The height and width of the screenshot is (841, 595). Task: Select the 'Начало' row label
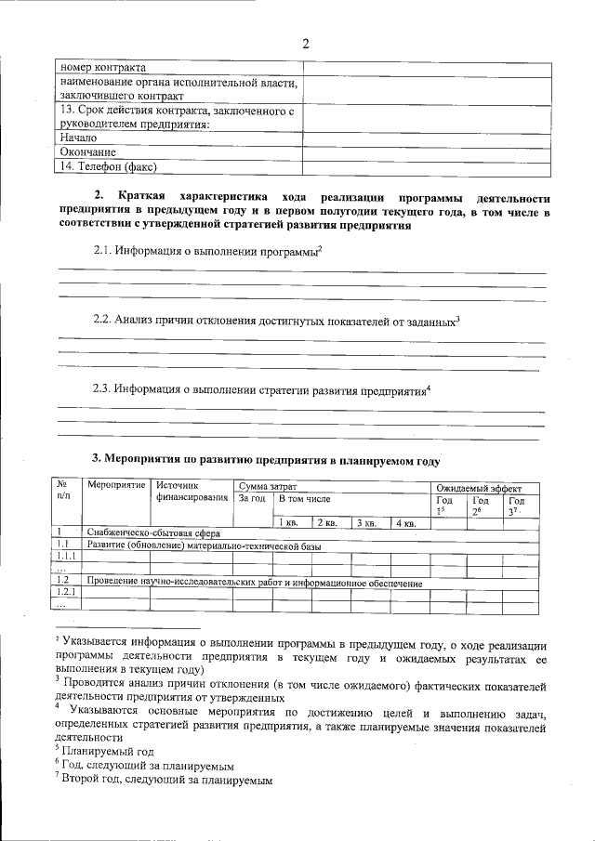pyautogui.click(x=79, y=138)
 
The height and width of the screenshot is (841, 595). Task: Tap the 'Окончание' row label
pyautogui.click(x=88, y=152)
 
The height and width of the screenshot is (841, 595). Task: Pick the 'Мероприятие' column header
pyautogui.click(x=116, y=486)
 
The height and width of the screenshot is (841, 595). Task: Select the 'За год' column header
pyautogui.click(x=252, y=499)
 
